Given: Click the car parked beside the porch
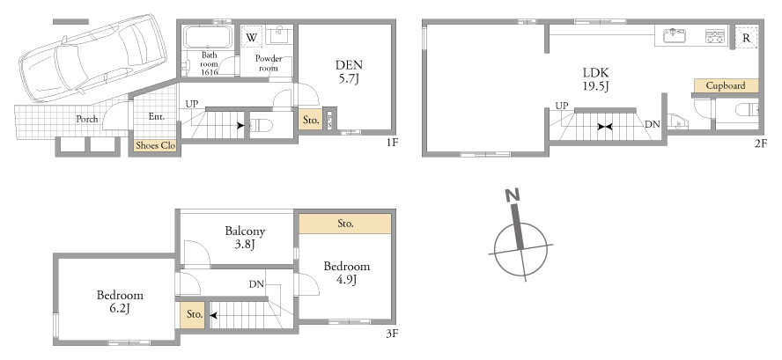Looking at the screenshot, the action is point(92,58).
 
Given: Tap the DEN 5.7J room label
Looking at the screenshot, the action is point(349,71).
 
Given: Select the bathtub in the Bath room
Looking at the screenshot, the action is point(208,36).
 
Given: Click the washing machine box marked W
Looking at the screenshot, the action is point(252,37).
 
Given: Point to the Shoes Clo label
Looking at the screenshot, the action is point(156,145).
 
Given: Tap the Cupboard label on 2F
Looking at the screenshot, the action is point(726,85).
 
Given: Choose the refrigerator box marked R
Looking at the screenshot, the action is point(747,38).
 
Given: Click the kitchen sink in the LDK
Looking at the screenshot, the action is point(675,36).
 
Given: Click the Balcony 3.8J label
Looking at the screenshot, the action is point(245,238).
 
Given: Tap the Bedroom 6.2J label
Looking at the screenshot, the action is point(120,302).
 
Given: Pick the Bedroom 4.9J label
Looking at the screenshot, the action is point(347,273).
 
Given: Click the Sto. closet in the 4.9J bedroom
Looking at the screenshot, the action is point(345,224).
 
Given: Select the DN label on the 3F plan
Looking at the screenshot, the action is point(257,284).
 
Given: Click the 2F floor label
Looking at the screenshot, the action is point(760,143).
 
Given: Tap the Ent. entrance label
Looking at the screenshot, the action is point(157,117).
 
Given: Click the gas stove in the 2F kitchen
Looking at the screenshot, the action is point(715,36).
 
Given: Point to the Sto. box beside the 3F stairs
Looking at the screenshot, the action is point(195,314).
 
